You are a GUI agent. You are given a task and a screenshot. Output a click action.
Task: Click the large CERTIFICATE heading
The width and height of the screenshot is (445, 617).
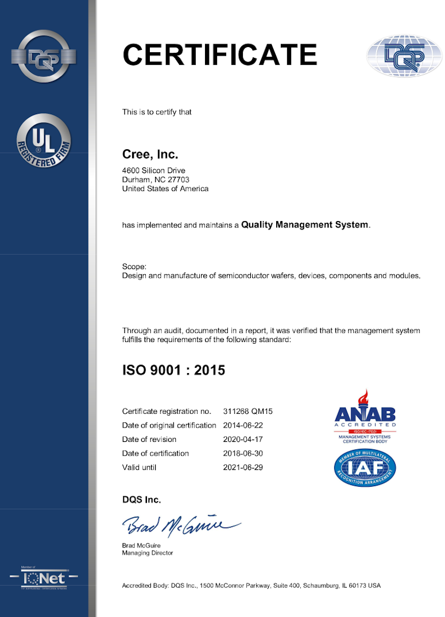click(x=219, y=55)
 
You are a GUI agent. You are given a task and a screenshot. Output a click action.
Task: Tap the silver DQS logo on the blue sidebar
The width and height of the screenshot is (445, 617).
click(x=44, y=56)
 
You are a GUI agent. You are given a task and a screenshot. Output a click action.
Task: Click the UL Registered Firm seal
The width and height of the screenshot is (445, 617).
click(x=44, y=141)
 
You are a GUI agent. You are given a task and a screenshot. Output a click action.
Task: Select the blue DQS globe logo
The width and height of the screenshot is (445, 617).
click(x=404, y=56)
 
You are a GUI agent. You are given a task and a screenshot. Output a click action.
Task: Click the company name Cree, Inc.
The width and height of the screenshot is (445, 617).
click(x=150, y=154)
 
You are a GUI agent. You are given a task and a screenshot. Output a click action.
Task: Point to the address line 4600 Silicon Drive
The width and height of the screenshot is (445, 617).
click(x=154, y=170)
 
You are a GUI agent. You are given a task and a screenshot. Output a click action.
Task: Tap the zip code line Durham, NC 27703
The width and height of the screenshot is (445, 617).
click(x=156, y=180)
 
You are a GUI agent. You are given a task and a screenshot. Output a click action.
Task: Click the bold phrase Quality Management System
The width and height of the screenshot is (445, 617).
click(x=304, y=225)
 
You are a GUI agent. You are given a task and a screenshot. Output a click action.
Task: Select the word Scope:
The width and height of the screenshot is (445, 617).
click(x=134, y=266)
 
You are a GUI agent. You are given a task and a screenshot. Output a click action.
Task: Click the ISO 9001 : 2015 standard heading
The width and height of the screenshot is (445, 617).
click(x=173, y=370)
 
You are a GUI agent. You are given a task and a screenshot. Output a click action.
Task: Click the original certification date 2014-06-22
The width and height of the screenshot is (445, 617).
click(x=243, y=425)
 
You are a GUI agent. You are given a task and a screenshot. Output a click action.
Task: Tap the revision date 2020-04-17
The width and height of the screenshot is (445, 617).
click(x=243, y=439)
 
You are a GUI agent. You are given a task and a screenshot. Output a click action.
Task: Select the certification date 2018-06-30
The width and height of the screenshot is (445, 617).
click(x=243, y=453)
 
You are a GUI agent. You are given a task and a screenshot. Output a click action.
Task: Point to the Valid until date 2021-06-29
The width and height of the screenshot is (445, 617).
click(x=243, y=467)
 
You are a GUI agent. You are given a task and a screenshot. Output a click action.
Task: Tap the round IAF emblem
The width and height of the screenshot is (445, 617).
click(x=365, y=468)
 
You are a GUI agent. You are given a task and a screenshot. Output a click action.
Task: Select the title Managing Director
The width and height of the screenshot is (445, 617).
click(x=148, y=553)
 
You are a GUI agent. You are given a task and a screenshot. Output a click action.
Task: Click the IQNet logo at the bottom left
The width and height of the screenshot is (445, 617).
click(x=44, y=577)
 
